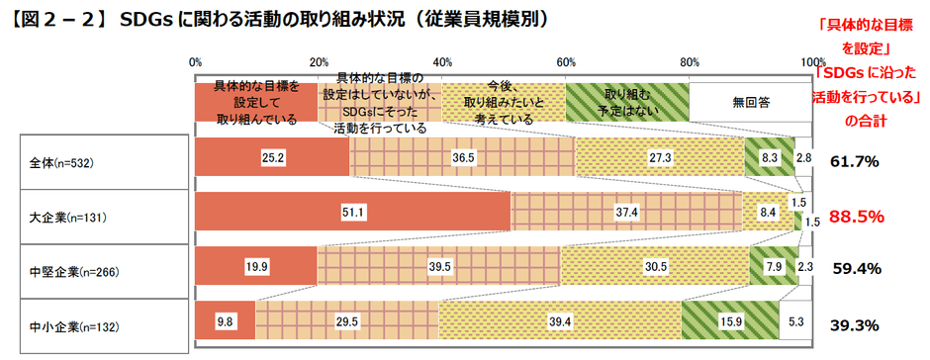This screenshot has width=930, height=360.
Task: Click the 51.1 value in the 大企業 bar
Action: pos(350,213)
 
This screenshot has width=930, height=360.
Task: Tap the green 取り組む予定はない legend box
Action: pos(626,101)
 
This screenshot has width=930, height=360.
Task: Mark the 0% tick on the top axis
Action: pos(195,63)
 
